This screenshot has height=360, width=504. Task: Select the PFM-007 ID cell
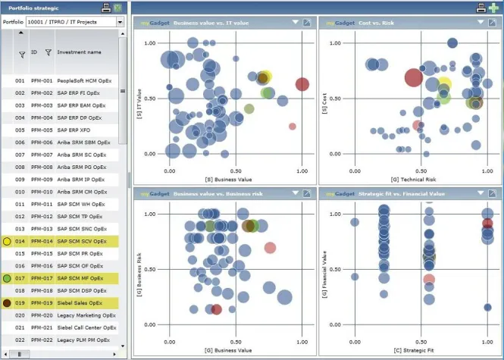click(41, 155)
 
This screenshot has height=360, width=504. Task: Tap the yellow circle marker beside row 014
click(7, 241)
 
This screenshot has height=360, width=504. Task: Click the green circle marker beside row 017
click(7, 278)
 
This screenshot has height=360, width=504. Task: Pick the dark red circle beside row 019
click(7, 302)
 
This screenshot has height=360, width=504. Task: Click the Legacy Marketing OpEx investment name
click(84, 315)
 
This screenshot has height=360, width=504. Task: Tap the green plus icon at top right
click(494, 8)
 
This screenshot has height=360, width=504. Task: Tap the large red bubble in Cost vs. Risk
click(413, 77)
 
